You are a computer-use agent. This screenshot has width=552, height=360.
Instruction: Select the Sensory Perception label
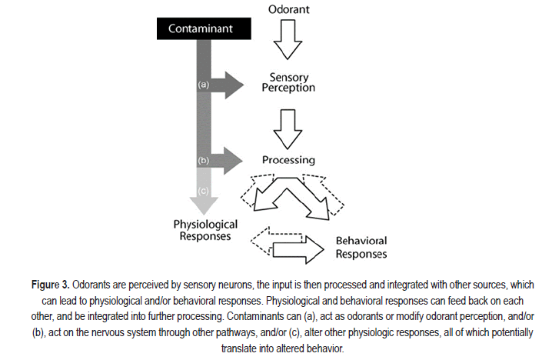(292, 82)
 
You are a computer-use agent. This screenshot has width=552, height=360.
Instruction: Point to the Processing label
(288, 160)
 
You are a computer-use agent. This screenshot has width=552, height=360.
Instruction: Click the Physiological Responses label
(205, 230)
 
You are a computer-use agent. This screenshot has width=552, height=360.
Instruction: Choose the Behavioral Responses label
(361, 247)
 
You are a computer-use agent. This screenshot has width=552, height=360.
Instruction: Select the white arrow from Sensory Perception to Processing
(289, 127)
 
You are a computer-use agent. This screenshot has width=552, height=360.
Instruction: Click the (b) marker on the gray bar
(204, 161)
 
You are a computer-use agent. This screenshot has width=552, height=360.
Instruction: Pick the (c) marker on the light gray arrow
(204, 192)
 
